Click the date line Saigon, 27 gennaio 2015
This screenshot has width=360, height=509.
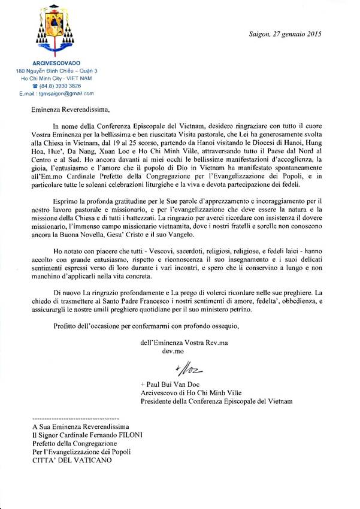coord(285,34)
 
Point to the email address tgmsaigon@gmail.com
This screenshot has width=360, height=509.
coord(62,94)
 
